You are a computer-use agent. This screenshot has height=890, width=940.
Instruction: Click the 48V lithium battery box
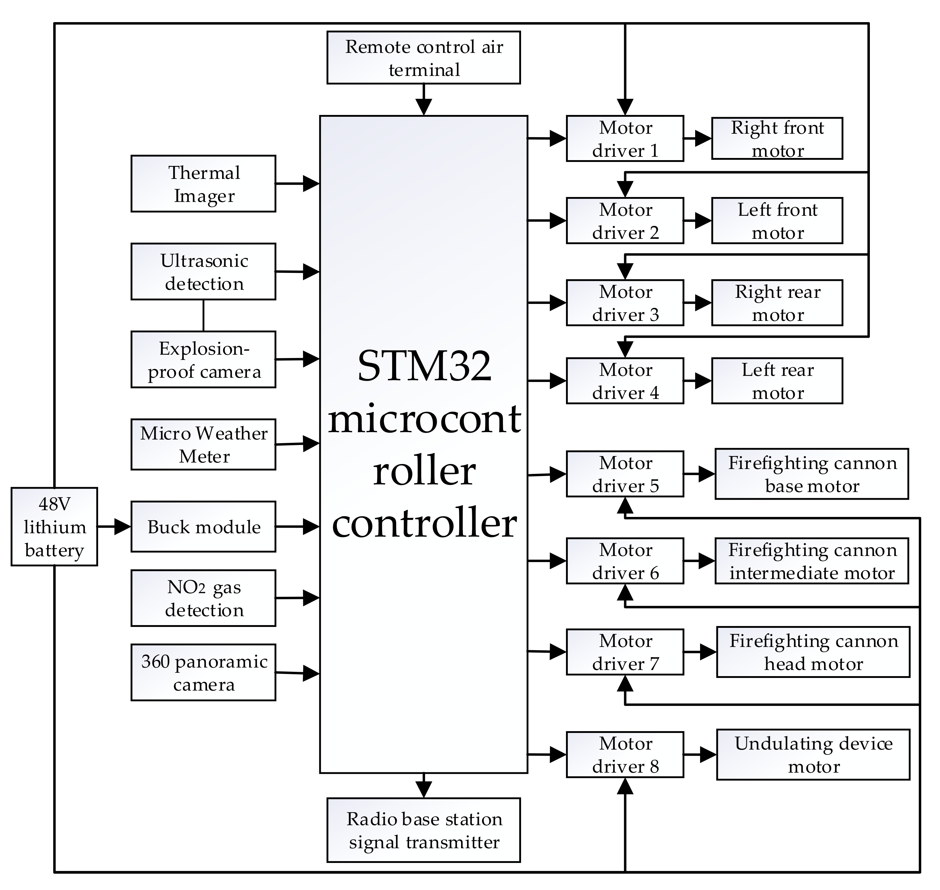pyautogui.click(x=54, y=527)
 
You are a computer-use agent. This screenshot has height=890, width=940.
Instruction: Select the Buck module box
pyautogui.click(x=203, y=527)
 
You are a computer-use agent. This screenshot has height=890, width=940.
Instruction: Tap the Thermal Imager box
pyautogui.click(x=203, y=183)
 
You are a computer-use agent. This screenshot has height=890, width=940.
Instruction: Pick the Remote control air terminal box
pyautogui.click(x=424, y=58)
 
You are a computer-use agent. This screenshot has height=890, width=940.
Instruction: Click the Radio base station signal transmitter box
pyautogui.click(x=424, y=830)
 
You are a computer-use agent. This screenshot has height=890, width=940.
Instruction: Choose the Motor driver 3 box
pyautogui.click(x=625, y=303)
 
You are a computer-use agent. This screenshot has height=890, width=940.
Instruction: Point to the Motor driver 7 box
pyautogui.click(x=625, y=652)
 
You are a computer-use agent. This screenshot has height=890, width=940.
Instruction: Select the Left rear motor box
pyautogui.click(x=777, y=381)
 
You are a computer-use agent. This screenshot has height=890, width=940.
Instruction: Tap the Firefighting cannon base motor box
pyautogui.click(x=812, y=474)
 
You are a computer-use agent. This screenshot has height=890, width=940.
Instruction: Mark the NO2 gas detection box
pyautogui.click(x=203, y=598)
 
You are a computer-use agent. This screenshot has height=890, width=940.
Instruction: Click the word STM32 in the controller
pyautogui.click(x=424, y=366)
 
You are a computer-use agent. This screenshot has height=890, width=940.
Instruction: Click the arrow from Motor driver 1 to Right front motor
pyautogui.click(x=698, y=139)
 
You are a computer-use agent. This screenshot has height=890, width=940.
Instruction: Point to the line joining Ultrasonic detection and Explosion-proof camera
pyautogui.click(x=204, y=316)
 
